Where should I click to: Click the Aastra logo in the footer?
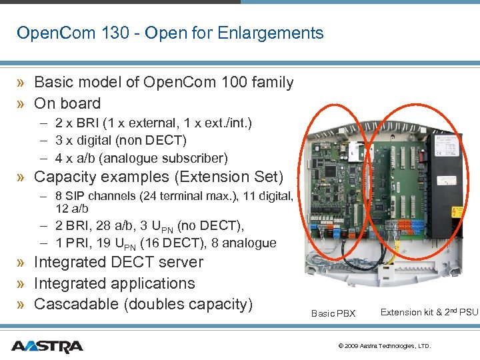coord(47,347)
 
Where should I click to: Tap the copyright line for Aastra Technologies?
coord(385,346)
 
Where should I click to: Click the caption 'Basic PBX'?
coord(333,313)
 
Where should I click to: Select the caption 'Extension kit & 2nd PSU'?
coord(429,312)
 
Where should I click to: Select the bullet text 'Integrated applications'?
coord(114,283)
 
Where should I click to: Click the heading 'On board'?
coord(67,103)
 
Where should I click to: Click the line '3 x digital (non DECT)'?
coord(121,141)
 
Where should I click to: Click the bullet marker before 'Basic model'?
coord(22,83)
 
